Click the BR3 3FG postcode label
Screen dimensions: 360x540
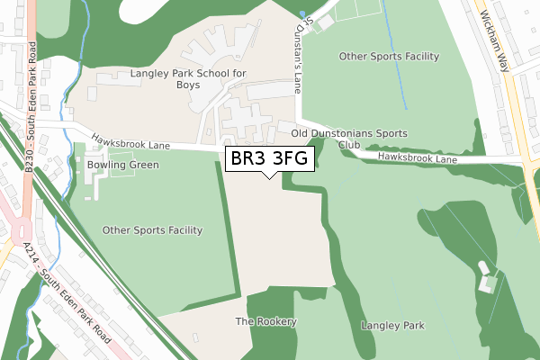pyautogui.click(x=269, y=159)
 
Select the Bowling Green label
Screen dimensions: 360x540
pyautogui.click(x=123, y=166)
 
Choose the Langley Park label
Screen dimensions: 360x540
pyautogui.click(x=392, y=325)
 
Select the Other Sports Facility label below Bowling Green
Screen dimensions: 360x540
pyautogui.click(x=152, y=230)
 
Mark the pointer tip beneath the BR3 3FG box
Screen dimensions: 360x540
pyautogui.click(x=269, y=176)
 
